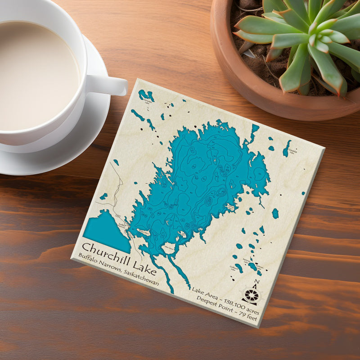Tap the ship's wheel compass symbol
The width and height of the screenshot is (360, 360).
252,295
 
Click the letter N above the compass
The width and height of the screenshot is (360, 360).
256,282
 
